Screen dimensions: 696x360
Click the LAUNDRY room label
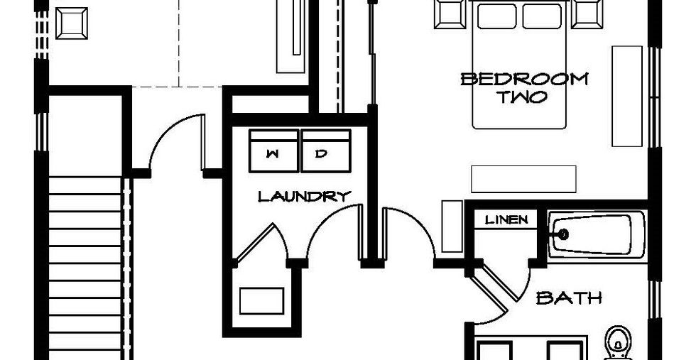point(304,196)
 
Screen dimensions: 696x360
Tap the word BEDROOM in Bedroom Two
point(524,79)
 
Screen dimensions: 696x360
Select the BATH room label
point(569,298)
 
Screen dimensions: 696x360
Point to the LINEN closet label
point(506,220)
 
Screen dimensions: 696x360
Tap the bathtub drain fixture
point(563,233)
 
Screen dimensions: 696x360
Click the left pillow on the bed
point(497,16)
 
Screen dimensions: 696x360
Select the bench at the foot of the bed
point(523,179)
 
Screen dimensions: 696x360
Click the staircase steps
point(85,270)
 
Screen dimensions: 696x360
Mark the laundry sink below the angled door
point(261,300)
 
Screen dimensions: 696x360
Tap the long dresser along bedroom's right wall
point(627,97)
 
